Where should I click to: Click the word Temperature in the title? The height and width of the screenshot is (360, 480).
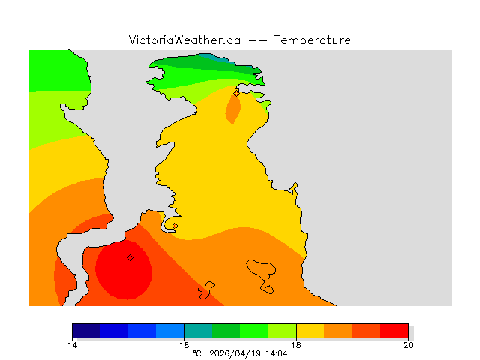[313, 40]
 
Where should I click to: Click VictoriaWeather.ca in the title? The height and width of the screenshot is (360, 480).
[184, 40]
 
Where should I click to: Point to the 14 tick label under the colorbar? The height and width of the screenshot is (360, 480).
[72, 345]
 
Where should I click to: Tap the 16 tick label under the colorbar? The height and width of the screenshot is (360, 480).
[184, 345]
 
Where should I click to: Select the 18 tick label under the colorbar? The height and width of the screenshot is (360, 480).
[296, 345]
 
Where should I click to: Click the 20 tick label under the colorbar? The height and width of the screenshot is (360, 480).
[408, 345]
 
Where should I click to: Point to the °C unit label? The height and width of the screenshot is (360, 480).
[197, 352]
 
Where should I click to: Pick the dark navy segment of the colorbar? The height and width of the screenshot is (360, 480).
[86, 330]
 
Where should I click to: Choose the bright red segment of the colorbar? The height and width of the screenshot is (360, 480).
[394, 330]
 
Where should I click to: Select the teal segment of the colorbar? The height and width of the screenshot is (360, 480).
[198, 330]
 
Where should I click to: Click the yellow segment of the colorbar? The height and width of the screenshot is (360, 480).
[310, 330]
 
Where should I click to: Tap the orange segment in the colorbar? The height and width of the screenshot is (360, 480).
[338, 330]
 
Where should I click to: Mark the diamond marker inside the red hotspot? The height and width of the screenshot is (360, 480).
[130, 257]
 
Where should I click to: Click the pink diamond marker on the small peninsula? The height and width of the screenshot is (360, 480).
[175, 226]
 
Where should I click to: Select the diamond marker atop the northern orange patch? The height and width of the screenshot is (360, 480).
[236, 94]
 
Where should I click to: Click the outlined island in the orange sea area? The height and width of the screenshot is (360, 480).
[262, 274]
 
